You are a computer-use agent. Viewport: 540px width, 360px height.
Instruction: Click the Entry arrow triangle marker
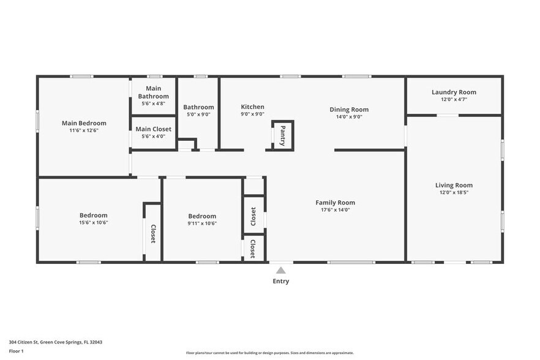point(280,270)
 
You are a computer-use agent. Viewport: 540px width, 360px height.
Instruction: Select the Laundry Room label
point(454,92)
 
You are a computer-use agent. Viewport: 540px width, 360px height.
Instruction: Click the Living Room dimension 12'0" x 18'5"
point(454,192)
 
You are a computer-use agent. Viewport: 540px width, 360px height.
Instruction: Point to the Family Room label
point(335,203)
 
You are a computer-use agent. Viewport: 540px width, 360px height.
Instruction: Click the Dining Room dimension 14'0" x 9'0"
point(349,116)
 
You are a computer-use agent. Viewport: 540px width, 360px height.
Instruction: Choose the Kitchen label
point(252,107)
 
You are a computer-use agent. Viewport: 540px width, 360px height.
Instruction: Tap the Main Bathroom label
point(153,92)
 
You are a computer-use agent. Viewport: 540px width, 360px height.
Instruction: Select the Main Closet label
point(153,129)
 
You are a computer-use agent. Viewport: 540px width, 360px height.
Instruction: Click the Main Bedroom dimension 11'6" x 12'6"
point(84,130)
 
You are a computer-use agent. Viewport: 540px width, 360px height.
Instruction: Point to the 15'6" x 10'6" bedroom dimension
point(93,223)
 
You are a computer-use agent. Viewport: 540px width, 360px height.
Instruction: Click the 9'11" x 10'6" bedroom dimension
point(202,223)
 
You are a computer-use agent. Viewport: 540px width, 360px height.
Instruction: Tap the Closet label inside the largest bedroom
point(153,234)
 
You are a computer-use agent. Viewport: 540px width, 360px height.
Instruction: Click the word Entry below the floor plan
point(280,282)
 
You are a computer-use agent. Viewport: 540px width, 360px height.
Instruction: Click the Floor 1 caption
point(16,351)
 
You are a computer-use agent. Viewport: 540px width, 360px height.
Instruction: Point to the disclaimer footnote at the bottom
point(269,353)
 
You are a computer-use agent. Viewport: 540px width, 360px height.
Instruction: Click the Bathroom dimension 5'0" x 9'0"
point(199,114)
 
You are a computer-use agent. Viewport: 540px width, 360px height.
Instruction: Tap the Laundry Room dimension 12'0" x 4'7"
point(454,99)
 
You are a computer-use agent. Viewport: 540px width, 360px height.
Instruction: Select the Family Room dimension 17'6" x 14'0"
point(335,209)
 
